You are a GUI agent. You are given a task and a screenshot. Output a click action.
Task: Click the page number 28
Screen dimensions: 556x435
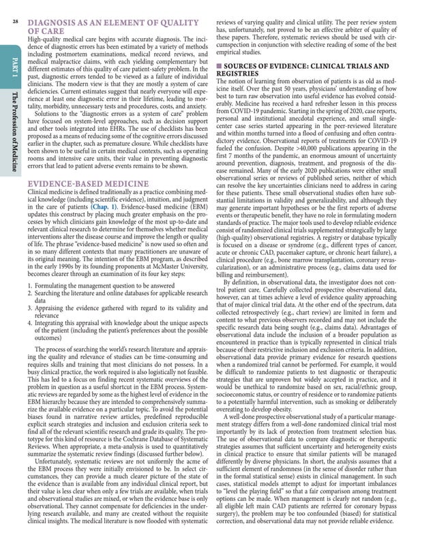15,21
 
